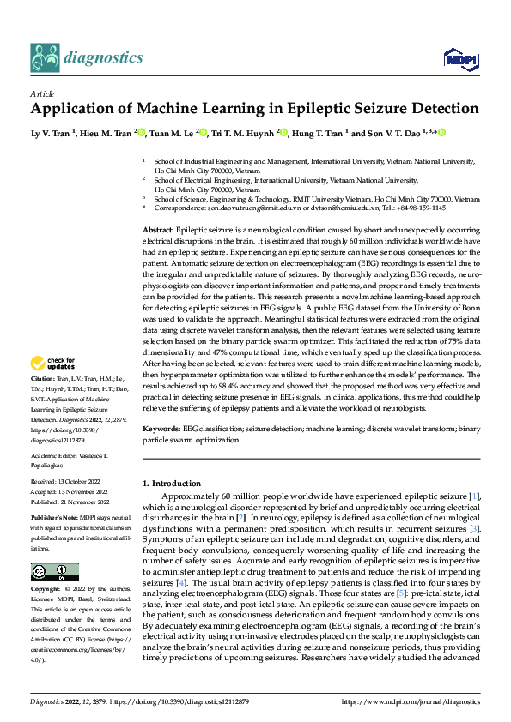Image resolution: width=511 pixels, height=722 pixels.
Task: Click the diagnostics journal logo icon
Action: pyautogui.click(x=46, y=57)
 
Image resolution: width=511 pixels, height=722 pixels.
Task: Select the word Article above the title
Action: pyautogui.click(x=42, y=93)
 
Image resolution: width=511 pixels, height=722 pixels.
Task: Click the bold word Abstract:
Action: pyautogui.click(x=157, y=232)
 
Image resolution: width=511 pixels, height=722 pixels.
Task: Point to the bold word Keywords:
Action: pyautogui.click(x=161, y=427)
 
